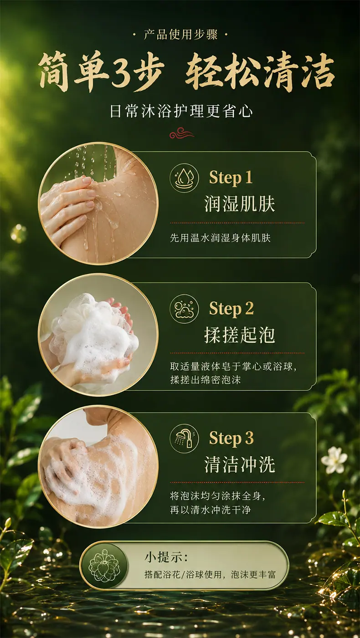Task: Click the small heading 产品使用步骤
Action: tap(180, 35)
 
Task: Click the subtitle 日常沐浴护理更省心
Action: tap(181, 111)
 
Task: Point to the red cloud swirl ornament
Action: tap(181, 133)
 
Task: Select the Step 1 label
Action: tap(231, 178)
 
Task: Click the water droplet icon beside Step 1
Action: tap(184, 178)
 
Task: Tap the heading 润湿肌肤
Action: tap(239, 204)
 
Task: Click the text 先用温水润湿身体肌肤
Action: tap(220, 238)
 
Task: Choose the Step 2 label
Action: tap(231, 309)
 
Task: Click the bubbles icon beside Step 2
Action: tap(184, 309)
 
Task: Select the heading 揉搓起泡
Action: tap(239, 335)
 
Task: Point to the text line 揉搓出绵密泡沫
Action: tap(205, 380)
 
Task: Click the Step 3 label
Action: tap(231, 439)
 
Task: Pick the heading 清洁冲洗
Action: tap(239, 464)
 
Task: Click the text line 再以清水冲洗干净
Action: tap(211, 510)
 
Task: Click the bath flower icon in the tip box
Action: tap(104, 566)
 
